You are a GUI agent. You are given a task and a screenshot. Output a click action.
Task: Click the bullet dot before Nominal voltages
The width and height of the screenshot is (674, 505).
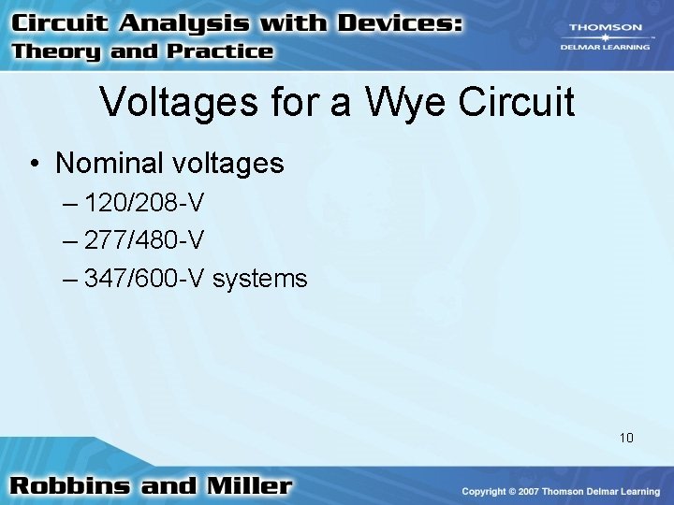(34, 165)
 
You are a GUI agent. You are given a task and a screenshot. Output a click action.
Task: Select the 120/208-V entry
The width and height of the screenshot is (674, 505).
(144, 203)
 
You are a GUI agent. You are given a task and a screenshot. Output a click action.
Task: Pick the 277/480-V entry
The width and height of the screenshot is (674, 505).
(144, 240)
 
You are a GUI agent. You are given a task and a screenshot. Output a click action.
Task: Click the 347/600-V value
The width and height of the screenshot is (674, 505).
(144, 278)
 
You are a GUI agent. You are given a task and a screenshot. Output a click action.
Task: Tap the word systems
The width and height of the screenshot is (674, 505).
(259, 279)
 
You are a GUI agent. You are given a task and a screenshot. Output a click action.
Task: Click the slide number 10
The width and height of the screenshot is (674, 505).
(626, 437)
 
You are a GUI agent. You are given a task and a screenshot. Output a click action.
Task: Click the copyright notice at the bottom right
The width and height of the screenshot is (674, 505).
(563, 492)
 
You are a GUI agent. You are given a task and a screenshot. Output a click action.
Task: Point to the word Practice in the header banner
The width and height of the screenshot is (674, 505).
(219, 52)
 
